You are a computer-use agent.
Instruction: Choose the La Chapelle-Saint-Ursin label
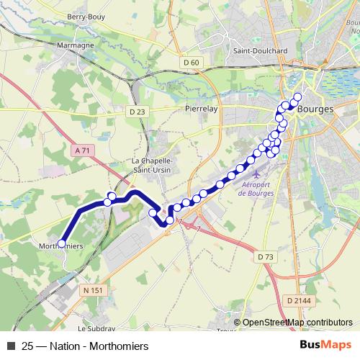pyautogui.click(x=150, y=165)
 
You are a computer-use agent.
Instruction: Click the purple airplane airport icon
pyautogui.click(x=258, y=174)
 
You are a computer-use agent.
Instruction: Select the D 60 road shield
pyautogui.click(x=191, y=63)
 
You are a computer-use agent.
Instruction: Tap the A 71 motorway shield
pyautogui.click(x=83, y=150)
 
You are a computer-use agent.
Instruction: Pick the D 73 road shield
pyautogui.click(x=266, y=256)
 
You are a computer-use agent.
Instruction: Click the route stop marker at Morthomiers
pyautogui.click(x=61, y=243)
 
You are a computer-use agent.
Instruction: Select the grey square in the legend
pyautogui.click(x=10, y=346)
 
